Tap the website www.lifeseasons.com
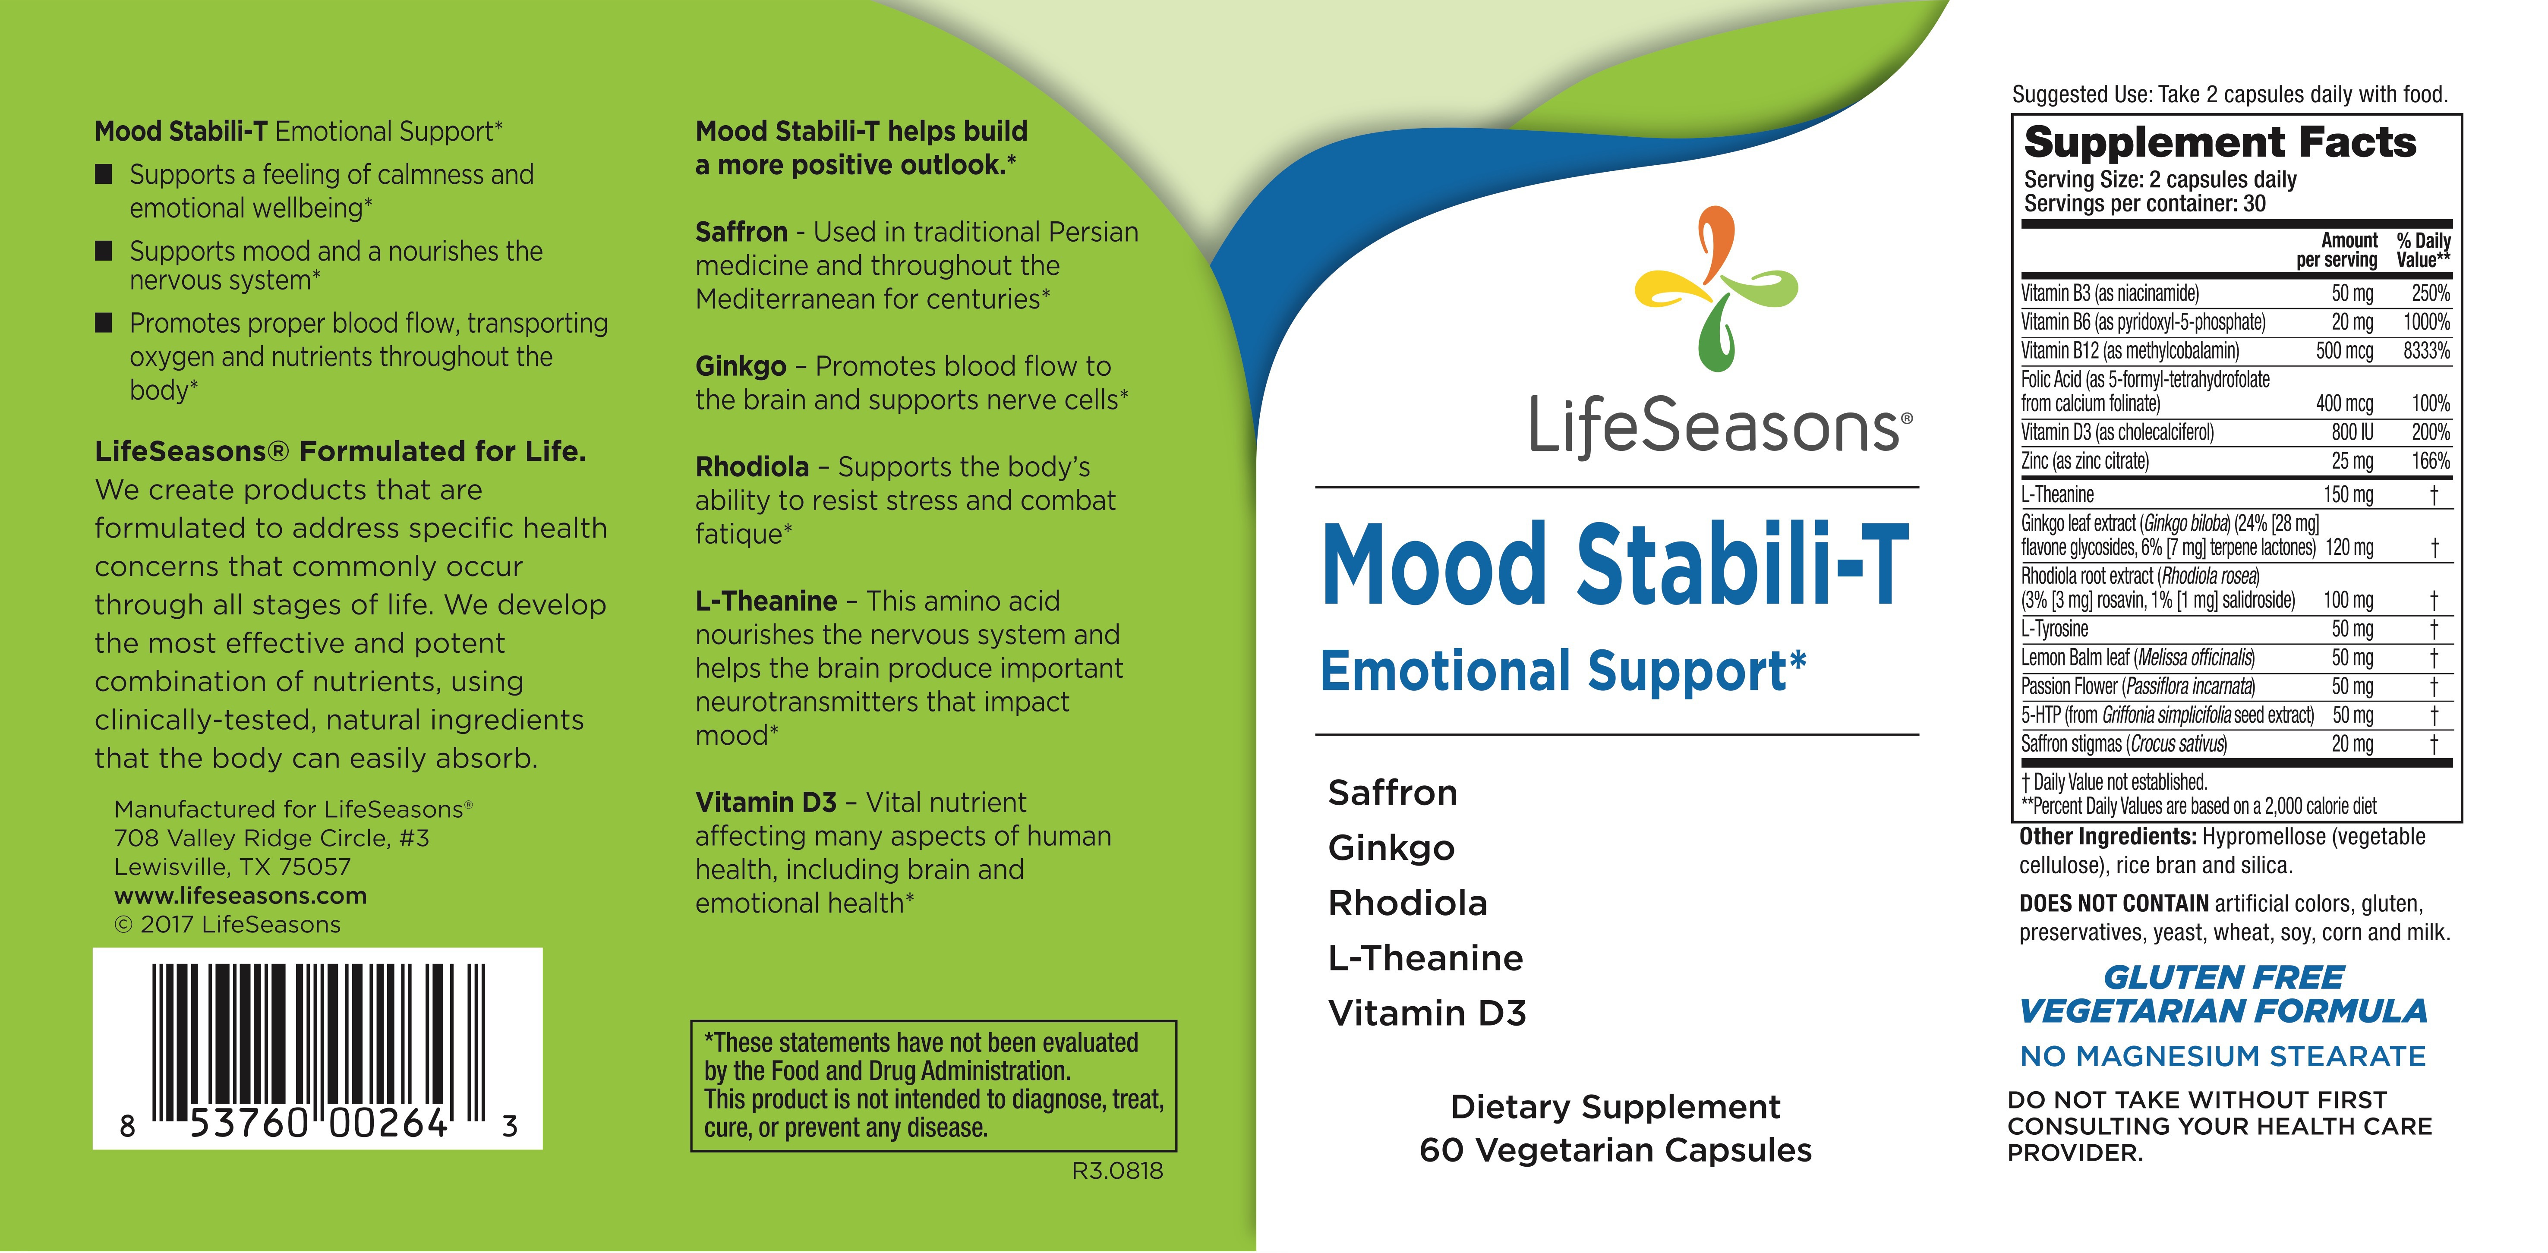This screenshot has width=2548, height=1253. (240, 896)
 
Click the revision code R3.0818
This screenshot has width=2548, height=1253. (1117, 1171)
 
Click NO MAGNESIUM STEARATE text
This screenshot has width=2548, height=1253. (2223, 1056)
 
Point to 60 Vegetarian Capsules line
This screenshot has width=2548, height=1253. (1615, 1150)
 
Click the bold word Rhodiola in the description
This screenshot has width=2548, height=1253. (752, 467)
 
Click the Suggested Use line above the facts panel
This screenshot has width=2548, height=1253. (2229, 95)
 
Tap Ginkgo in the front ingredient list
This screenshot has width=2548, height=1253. (1391, 847)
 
